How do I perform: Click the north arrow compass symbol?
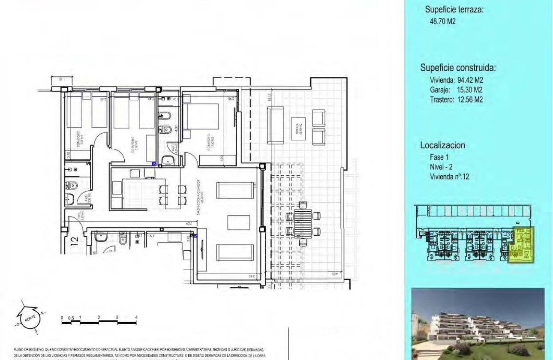pos(29,320)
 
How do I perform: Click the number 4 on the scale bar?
pos(136,318)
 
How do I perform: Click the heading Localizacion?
pos(442,145)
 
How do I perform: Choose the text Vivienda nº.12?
pos(450,176)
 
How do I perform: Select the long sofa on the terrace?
pos(275,125)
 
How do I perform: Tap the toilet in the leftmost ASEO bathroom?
pos(72,186)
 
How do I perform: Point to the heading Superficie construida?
pos(458,68)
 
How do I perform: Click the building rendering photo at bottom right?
pos(478,324)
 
